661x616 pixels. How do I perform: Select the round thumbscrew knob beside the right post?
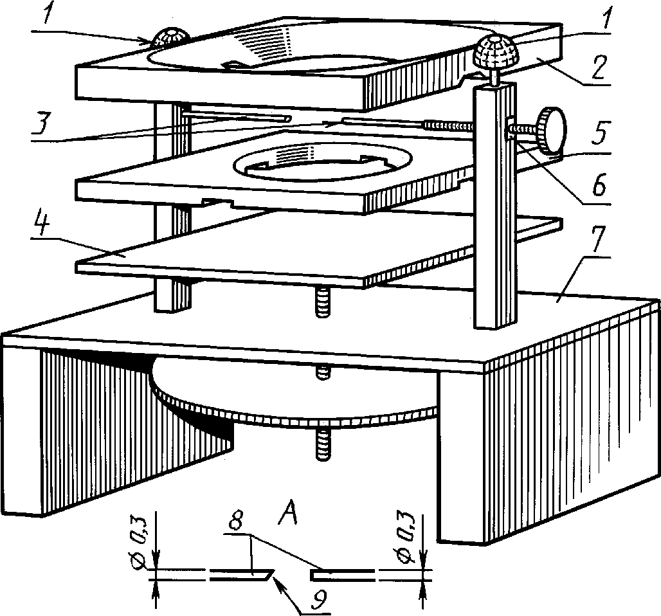[552, 132]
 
